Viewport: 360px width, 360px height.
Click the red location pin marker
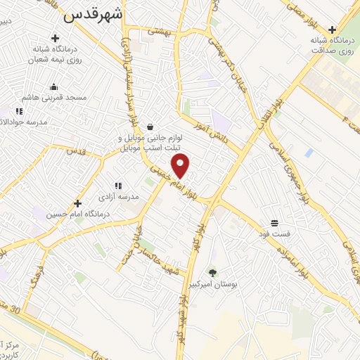tap(181, 166)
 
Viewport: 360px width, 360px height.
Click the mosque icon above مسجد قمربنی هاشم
tap(53, 87)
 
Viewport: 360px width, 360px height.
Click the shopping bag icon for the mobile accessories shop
tap(150, 127)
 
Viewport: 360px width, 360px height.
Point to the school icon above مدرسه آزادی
tap(117, 186)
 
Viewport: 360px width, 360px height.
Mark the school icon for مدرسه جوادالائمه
tap(19, 111)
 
